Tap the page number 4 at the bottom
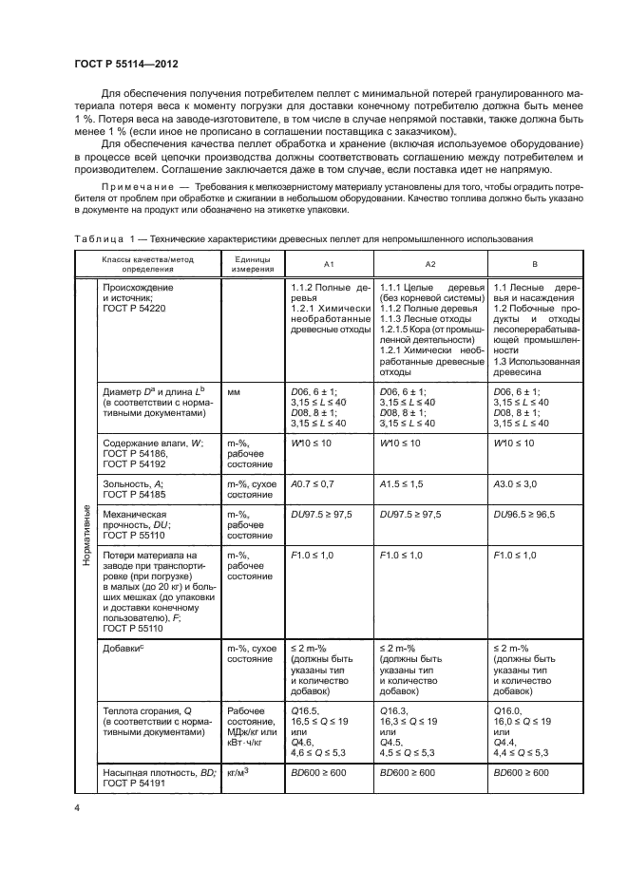tap(77, 806)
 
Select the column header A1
tap(329, 263)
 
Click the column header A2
tap(430, 263)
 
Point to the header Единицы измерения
tap(250, 263)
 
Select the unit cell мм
tap(233, 390)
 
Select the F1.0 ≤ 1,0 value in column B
tap(523, 555)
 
